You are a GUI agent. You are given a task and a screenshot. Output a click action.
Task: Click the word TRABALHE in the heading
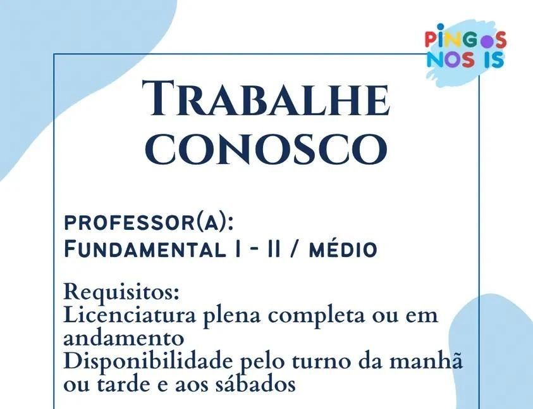click(x=266, y=98)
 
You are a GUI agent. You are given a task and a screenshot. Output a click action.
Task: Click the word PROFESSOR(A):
click(x=149, y=223)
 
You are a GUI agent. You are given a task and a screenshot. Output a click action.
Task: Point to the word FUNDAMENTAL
click(x=145, y=249)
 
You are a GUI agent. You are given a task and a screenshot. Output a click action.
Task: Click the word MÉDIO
click(x=343, y=249)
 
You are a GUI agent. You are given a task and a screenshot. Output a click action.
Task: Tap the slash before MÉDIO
click(x=295, y=249)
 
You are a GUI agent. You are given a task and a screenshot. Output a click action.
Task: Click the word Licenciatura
click(x=130, y=315)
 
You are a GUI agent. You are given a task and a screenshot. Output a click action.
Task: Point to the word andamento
click(x=124, y=338)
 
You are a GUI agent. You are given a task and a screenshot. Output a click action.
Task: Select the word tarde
click(x=126, y=384)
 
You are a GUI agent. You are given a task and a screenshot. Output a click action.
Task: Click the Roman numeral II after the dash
click(x=274, y=249)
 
